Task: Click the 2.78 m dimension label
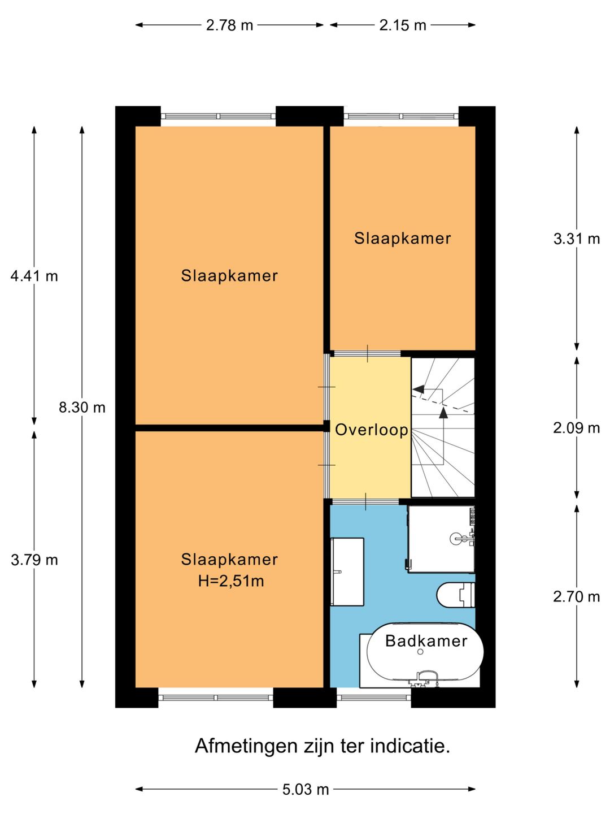(229, 25)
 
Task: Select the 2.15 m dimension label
(403, 25)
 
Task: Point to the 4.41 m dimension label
(34, 276)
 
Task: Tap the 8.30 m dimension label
(82, 408)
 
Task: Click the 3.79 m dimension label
(34, 560)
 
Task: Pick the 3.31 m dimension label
(576, 239)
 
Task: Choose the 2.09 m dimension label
(576, 428)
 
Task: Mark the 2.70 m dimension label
(576, 597)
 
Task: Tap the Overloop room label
(372, 430)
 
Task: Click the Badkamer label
(426, 641)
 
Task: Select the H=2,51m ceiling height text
(231, 581)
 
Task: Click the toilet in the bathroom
(456, 595)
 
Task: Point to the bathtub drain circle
(420, 652)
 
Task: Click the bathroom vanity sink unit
(347, 572)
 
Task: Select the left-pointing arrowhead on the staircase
(418, 389)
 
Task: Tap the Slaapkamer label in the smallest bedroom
(403, 239)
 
